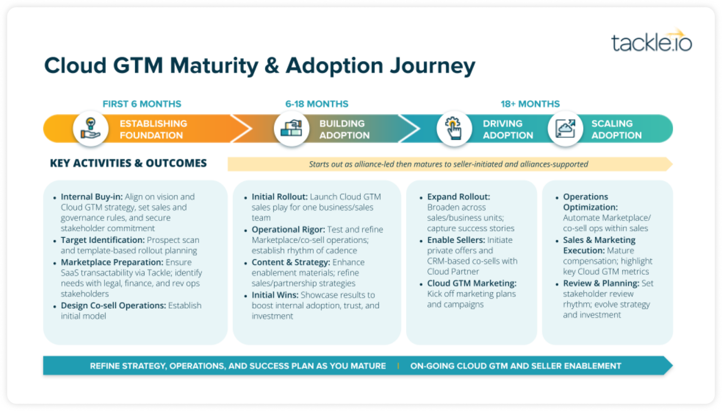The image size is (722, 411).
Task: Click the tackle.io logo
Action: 651,41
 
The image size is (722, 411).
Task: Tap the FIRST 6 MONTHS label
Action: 142,104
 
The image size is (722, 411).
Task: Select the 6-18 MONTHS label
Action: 317,104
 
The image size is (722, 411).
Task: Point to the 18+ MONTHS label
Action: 530,104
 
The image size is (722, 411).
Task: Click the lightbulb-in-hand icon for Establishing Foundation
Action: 91,128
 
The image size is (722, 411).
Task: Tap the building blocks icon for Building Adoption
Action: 291,128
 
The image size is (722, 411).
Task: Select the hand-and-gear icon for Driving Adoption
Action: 454,128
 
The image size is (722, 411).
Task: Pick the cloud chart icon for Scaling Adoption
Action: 565,128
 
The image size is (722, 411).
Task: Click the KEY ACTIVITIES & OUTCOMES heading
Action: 128,163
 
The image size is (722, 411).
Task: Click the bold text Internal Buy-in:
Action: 92,197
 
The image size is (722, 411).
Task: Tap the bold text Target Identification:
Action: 102,240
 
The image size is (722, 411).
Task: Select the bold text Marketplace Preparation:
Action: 112,262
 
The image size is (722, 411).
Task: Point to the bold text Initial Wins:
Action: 275,295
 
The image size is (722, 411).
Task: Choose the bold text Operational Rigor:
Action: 288,229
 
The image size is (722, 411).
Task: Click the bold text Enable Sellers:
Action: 456,240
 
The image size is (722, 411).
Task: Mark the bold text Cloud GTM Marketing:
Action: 471,284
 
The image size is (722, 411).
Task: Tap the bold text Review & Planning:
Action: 601,284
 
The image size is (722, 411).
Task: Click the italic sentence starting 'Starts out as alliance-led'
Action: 448,164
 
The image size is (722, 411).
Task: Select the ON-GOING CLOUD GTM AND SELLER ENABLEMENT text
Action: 516,366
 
